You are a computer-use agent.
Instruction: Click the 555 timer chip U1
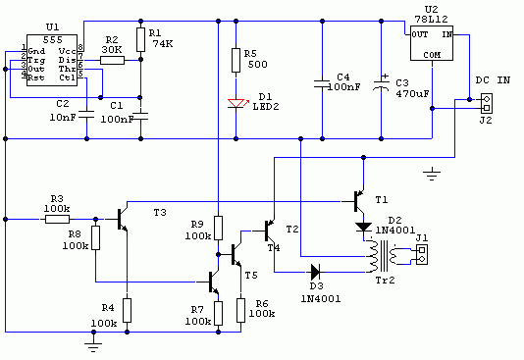point(52,60)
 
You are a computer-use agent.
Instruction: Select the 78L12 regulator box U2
point(432,43)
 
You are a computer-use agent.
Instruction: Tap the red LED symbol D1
point(236,104)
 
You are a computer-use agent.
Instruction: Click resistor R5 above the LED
point(236,60)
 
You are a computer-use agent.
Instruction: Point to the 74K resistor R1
point(140,40)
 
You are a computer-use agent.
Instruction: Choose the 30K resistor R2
point(112,60)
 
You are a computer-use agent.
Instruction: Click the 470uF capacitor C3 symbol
point(382,84)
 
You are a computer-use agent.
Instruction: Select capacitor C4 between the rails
point(322,83)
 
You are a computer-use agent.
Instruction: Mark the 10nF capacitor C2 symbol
point(87,115)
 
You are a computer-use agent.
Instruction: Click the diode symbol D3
point(315,272)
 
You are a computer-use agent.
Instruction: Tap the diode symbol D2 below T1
point(364,228)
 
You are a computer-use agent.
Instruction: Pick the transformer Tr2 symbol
point(383,256)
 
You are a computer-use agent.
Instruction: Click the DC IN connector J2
point(487,103)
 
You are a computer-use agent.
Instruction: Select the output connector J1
point(422,254)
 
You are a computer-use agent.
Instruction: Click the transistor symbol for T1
point(358,201)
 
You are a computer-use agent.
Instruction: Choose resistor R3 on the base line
point(58,220)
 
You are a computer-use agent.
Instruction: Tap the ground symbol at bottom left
point(93,347)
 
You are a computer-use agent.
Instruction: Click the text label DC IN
point(493,80)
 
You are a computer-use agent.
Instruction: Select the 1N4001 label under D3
point(321,298)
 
